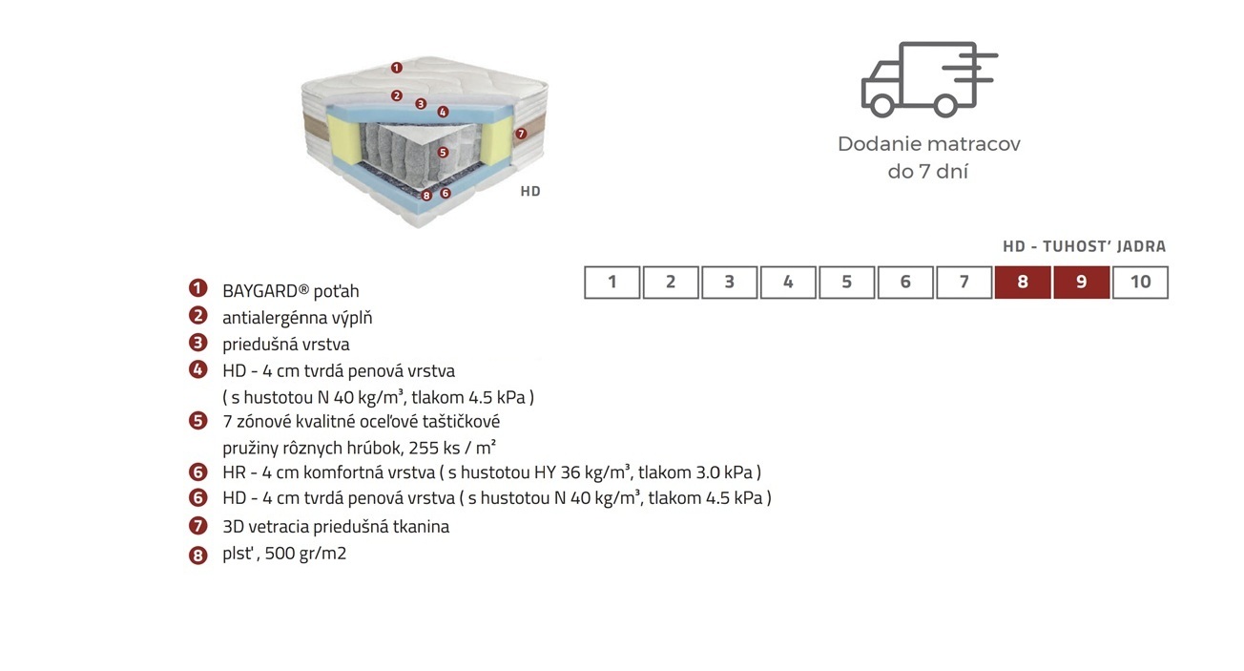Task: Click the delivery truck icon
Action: click(928, 79)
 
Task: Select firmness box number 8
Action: click(1023, 283)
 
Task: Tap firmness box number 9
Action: click(1081, 283)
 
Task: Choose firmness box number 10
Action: click(1140, 283)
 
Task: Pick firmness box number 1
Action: click(612, 283)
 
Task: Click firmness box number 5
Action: click(847, 283)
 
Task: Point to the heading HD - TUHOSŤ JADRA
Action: click(1084, 246)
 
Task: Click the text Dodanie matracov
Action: click(929, 144)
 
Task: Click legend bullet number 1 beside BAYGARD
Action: click(197, 288)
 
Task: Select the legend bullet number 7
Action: click(197, 526)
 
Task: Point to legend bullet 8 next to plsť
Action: click(197, 555)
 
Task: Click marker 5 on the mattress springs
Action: click(443, 152)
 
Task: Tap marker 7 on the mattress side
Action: click(520, 134)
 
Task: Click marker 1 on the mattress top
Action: click(396, 68)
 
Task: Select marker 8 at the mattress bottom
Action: click(426, 196)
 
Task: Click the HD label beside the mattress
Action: click(530, 191)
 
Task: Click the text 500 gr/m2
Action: click(305, 554)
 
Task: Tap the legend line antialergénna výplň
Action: click(297, 318)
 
